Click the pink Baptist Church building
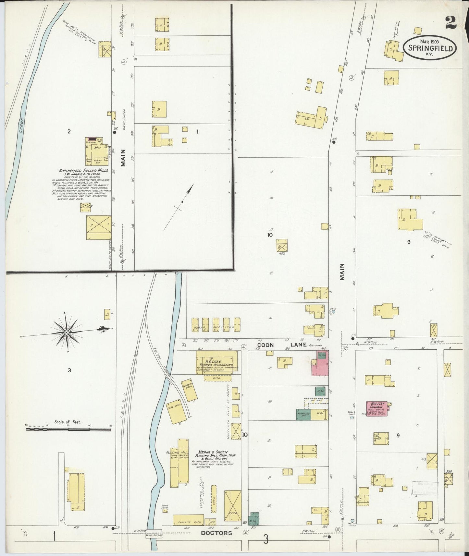click(x=376, y=408)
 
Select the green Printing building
click(x=303, y=415)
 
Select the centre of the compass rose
click(x=67, y=332)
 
